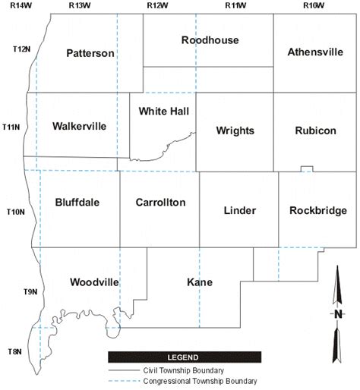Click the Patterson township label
[x=90, y=53]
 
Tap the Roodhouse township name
[x=210, y=39]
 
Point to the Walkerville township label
[x=79, y=126]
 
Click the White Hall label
[x=163, y=111]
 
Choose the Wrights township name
[x=235, y=131]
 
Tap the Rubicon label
[x=315, y=131]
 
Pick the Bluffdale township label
[x=77, y=203]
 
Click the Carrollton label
[x=160, y=203]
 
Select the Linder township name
[x=239, y=210]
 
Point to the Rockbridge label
[x=317, y=210]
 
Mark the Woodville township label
[x=94, y=282]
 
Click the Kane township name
[x=199, y=282]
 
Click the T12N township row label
[x=21, y=49]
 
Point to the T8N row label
[x=15, y=351]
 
